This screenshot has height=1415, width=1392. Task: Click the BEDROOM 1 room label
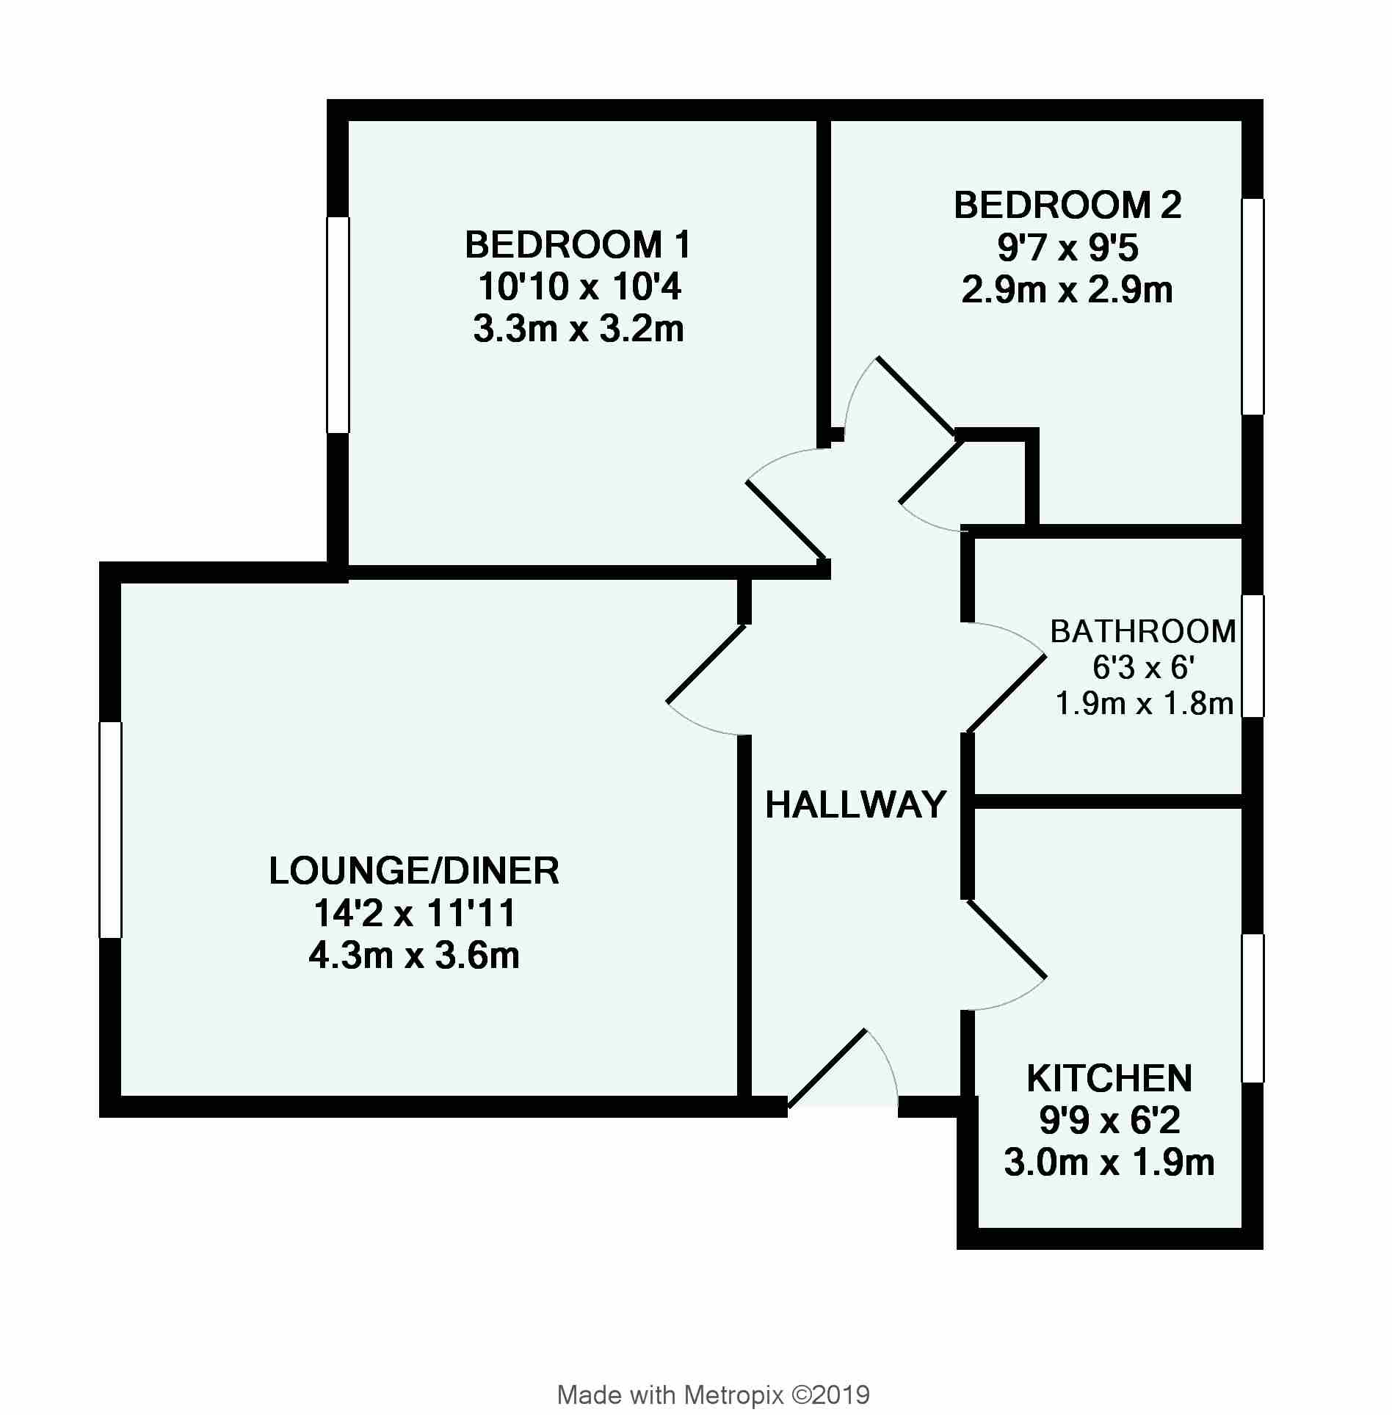[578, 245]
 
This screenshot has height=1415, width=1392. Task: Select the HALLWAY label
[856, 805]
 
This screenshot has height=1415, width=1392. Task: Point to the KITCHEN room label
[1109, 1078]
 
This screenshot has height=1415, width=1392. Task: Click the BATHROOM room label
[1143, 631]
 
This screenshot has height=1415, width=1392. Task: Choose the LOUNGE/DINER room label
[414, 871]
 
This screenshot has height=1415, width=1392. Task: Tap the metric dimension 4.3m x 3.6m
[414, 956]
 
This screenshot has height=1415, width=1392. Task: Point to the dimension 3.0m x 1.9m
[1109, 1163]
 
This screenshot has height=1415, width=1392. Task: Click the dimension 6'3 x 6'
[1145, 668]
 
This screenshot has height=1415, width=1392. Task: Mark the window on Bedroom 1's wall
[338, 324]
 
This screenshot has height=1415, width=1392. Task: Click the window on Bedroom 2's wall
[1253, 307]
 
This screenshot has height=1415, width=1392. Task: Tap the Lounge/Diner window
[110, 829]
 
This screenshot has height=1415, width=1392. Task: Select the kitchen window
[1253, 1008]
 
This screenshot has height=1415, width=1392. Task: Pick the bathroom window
[1253, 655]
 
